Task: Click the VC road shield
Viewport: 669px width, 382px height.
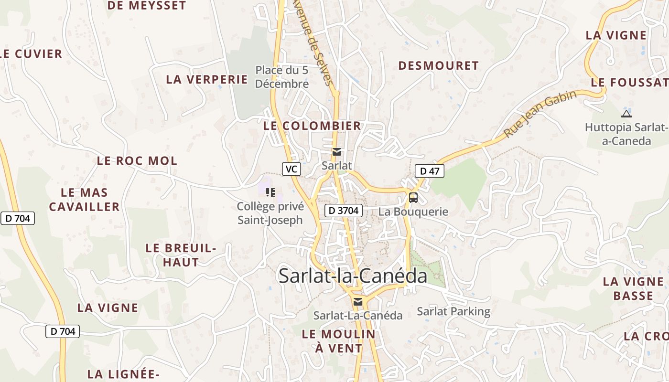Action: [291, 169]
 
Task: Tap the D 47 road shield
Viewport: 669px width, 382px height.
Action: [429, 171]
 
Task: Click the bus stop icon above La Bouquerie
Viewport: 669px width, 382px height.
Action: [413, 197]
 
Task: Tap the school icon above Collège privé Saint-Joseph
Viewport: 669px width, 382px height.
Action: [270, 192]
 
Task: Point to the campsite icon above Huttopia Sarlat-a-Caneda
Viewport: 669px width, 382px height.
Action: [626, 114]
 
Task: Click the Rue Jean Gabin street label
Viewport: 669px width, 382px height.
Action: [540, 114]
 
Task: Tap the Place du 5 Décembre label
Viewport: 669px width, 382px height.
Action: [282, 77]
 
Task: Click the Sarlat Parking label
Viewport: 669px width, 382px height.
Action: [453, 311]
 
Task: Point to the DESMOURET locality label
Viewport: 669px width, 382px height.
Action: [438, 66]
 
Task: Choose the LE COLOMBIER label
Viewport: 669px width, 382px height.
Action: [312, 126]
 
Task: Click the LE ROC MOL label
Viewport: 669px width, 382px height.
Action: [137, 161]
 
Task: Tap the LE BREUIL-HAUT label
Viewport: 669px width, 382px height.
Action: [181, 255]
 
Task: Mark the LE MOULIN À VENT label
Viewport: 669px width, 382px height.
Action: [339, 341]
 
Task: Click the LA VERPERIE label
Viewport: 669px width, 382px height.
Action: [207, 79]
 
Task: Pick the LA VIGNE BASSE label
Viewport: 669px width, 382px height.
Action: [633, 288]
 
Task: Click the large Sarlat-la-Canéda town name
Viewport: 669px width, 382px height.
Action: [353, 276]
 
